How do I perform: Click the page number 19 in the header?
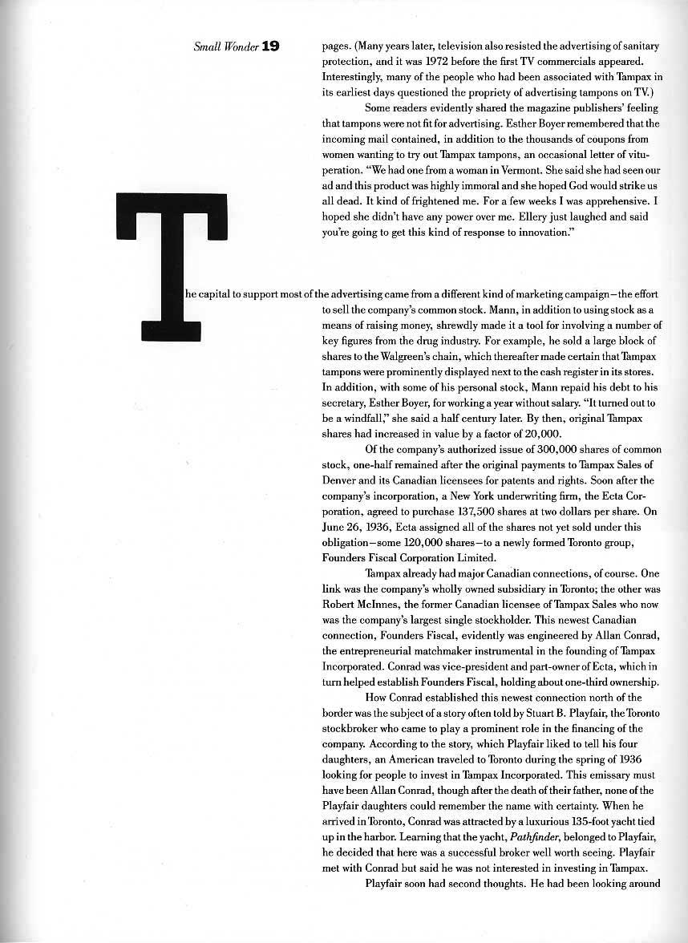pyautogui.click(x=269, y=47)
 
